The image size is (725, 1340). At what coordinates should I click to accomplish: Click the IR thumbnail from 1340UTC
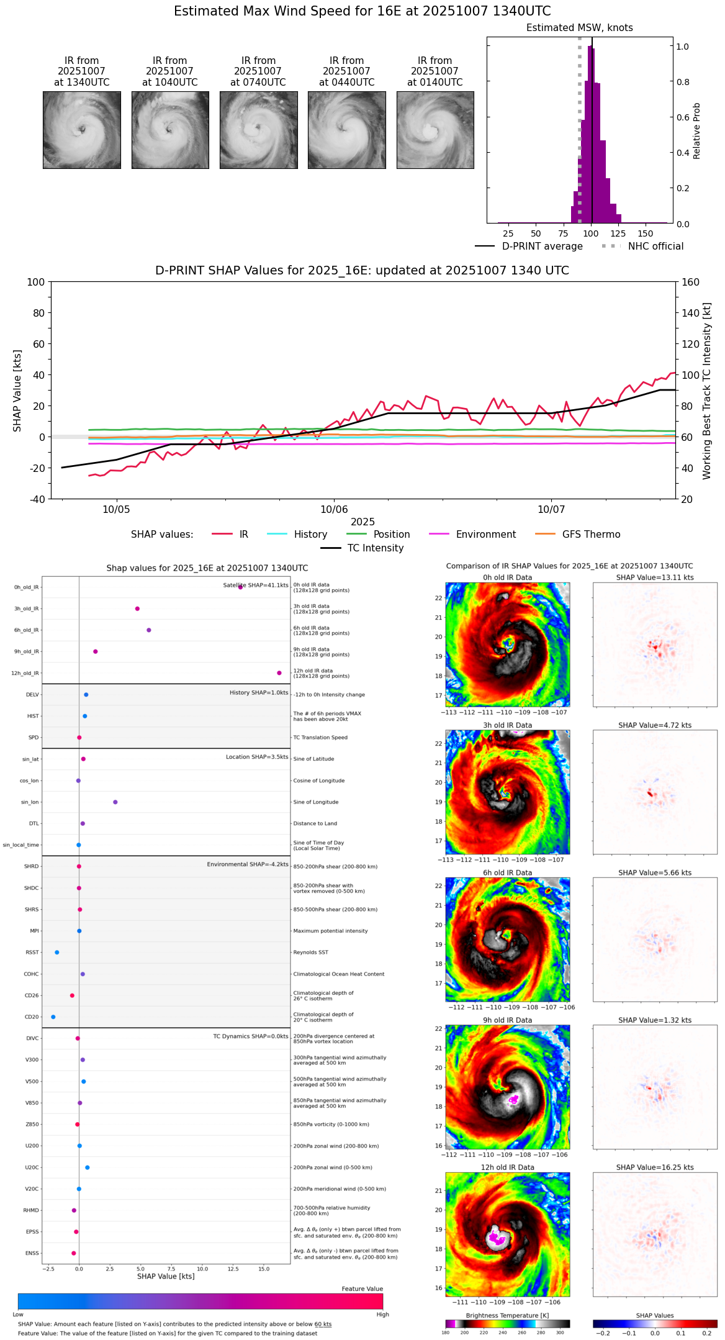[x=82, y=130]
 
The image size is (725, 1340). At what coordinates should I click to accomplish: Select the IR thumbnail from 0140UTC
[x=435, y=130]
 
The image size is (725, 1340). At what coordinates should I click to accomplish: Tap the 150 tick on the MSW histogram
[x=646, y=233]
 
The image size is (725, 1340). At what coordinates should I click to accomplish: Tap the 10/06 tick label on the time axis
[x=334, y=510]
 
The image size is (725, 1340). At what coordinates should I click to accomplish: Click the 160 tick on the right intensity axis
[x=691, y=282]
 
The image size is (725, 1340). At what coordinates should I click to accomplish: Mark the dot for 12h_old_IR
[x=279, y=673]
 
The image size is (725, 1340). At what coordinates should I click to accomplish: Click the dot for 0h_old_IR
[x=241, y=587]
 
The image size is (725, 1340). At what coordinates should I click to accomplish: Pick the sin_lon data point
[x=115, y=802]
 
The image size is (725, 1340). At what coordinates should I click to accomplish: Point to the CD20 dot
[x=53, y=1017]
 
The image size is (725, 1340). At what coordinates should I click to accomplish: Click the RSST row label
[x=32, y=953]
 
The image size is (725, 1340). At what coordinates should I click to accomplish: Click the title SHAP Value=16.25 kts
[x=655, y=1167]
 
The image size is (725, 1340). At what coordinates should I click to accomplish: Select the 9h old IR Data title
[x=507, y=1020]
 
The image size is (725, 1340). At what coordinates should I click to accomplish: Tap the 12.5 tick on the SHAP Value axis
[x=233, y=1269]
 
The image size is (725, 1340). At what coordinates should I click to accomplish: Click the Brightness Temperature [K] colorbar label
[x=507, y=1316]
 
